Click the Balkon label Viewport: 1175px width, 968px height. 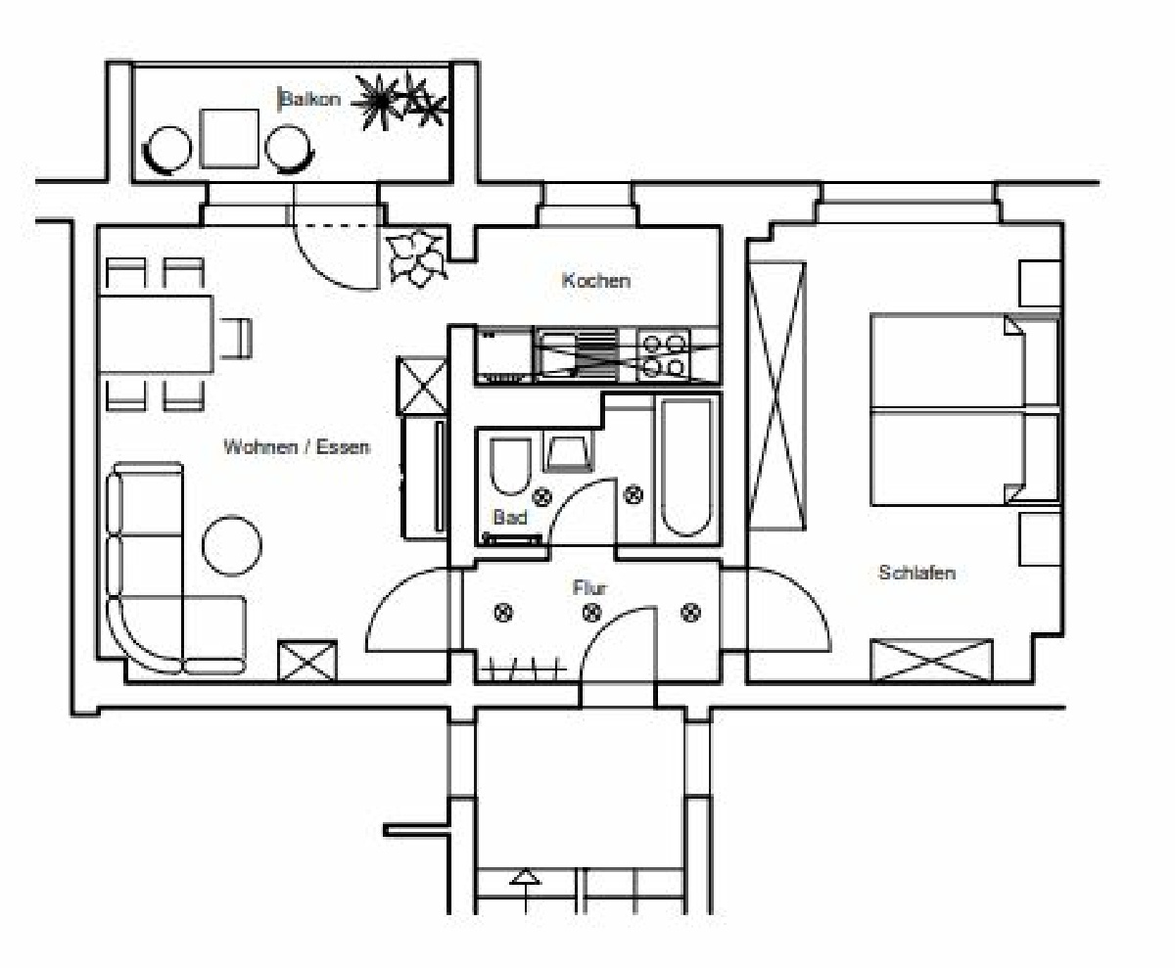[310, 100]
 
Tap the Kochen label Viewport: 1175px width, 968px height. [596, 280]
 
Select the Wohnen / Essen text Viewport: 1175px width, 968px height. [297, 446]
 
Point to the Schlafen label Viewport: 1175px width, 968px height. [916, 573]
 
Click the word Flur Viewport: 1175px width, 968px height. [589, 588]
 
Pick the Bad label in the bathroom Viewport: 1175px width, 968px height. [510, 517]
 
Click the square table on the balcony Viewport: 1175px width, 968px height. [229, 138]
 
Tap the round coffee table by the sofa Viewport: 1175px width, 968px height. [232, 545]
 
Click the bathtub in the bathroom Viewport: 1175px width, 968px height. [686, 468]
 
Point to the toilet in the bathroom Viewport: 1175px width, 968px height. [510, 466]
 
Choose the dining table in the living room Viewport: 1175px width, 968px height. [156, 334]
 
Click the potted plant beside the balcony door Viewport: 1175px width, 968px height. [416, 258]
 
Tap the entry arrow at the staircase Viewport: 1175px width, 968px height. [525, 892]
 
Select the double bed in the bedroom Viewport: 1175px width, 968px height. [964, 409]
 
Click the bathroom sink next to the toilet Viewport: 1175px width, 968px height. [568, 453]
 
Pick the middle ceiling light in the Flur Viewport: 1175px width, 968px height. [591, 613]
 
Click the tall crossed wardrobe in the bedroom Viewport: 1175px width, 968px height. [776, 396]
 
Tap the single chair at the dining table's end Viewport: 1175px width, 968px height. [236, 338]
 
